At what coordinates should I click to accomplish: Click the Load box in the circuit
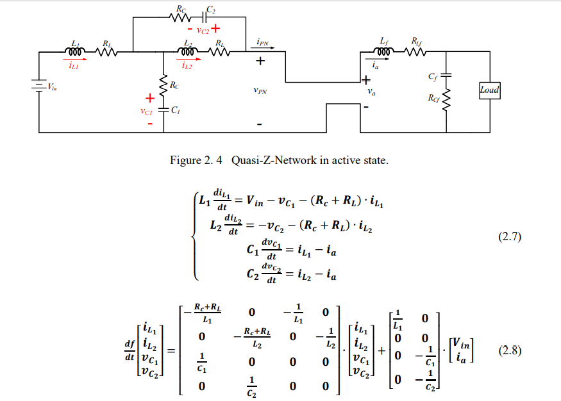(490, 90)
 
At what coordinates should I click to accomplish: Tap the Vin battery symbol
(38, 86)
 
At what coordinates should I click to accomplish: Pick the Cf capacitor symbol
(446, 76)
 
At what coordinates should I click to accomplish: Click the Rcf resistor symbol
(446, 99)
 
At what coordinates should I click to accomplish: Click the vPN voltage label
(260, 91)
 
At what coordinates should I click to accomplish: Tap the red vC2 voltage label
(204, 29)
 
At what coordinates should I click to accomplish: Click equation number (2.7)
(510, 238)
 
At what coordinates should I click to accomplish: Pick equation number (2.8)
(510, 351)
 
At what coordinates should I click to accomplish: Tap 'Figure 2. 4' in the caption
(195, 160)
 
